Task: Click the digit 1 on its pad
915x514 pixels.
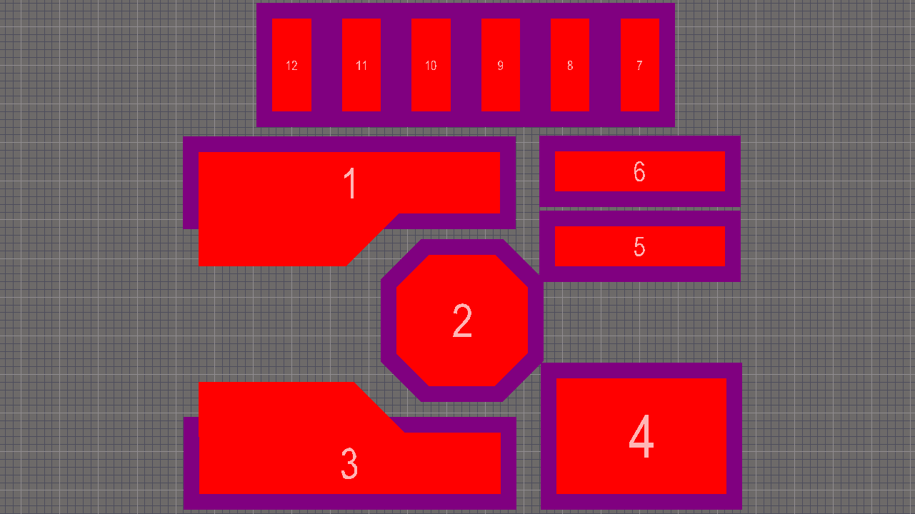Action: point(350,183)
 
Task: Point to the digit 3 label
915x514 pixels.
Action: point(349,464)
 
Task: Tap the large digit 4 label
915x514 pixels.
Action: point(641,436)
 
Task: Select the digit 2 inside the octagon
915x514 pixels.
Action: point(462,321)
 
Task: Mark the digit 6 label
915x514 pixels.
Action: point(639,171)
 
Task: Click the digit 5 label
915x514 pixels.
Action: point(639,246)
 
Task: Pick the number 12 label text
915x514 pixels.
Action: point(291,66)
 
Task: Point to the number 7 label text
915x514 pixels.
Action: point(639,66)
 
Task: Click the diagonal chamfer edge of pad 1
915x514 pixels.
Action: point(372,240)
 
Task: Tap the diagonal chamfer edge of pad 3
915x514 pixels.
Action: point(379,408)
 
